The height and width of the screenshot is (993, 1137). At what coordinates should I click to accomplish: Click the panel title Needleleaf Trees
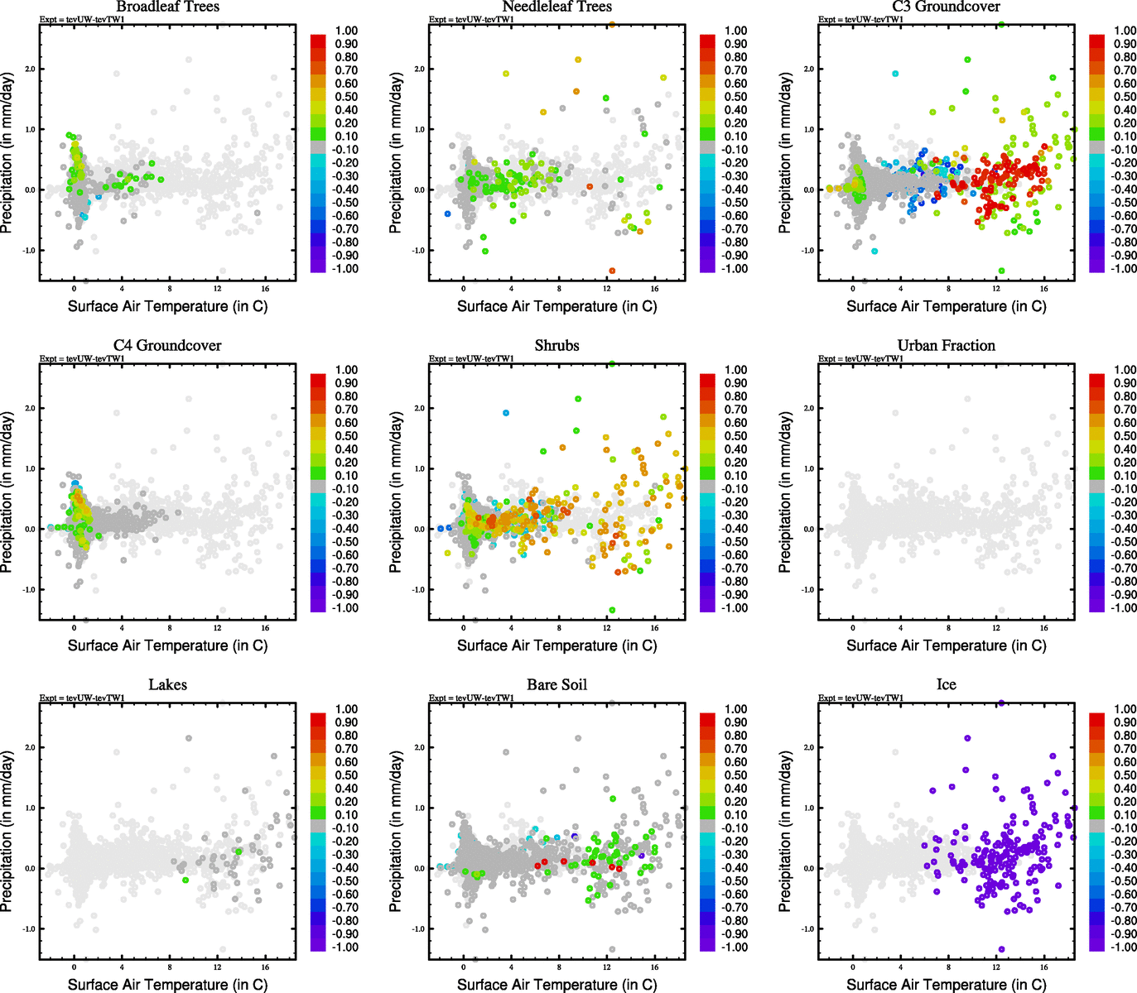pyautogui.click(x=556, y=7)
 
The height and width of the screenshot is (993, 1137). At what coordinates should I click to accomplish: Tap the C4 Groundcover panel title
pyautogui.click(x=167, y=345)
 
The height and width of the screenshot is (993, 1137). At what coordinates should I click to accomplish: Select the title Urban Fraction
pyautogui.click(x=946, y=345)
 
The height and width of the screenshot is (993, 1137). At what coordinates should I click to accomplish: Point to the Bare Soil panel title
pyautogui.click(x=556, y=684)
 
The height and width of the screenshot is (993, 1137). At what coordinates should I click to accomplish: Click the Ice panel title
pyautogui.click(x=946, y=684)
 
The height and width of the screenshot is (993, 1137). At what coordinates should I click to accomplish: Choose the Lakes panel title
pyautogui.click(x=167, y=684)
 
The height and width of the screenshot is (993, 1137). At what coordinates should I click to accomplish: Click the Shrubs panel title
pyautogui.click(x=556, y=345)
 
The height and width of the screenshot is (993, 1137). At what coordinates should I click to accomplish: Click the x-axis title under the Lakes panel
pyautogui.click(x=167, y=984)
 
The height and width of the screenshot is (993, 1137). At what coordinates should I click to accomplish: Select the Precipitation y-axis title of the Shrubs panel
pyautogui.click(x=396, y=492)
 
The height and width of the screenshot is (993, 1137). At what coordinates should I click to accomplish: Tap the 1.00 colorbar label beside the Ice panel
pyautogui.click(x=1125, y=709)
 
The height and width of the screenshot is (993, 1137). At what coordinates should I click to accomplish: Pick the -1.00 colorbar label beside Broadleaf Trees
pyautogui.click(x=345, y=269)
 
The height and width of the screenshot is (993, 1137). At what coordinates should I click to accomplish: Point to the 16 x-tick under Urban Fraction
pyautogui.click(x=1044, y=628)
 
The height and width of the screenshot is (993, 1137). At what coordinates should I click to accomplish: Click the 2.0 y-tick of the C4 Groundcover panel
pyautogui.click(x=30, y=408)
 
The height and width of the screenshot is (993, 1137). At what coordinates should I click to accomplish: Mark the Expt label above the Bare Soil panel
pyautogui.click(x=471, y=698)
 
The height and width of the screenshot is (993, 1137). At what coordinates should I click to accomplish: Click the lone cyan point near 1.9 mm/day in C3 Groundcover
pyautogui.click(x=895, y=74)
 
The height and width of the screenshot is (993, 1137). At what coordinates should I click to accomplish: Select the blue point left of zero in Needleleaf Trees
pyautogui.click(x=448, y=213)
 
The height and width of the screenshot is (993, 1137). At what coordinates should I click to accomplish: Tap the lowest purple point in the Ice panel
pyautogui.click(x=1001, y=949)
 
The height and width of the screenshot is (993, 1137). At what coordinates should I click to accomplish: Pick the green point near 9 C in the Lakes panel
pyautogui.click(x=185, y=880)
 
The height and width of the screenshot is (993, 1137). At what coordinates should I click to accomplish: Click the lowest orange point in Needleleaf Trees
pyautogui.click(x=612, y=271)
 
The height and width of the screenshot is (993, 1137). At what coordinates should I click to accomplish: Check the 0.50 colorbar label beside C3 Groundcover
pyautogui.click(x=1125, y=97)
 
